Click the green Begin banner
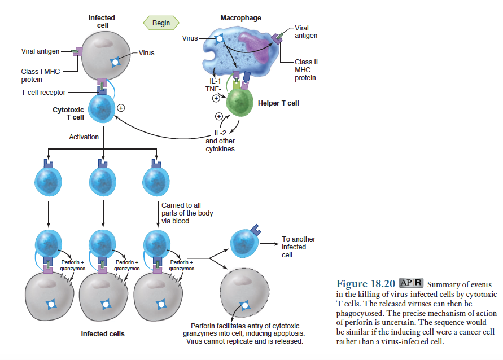tap(161, 23)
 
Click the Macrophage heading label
tap(240, 18)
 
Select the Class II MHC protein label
tap(305, 69)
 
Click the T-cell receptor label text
tap(43, 93)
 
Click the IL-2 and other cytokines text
tap(220, 141)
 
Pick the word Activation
tap(84, 137)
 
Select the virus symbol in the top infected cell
tap(116, 61)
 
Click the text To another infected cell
tap(298, 247)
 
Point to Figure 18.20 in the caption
tap(365, 283)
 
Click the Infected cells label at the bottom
tap(102, 334)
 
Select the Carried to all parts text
tap(187, 213)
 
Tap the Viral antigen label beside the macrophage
tap(305, 32)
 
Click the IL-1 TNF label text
tap(212, 84)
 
